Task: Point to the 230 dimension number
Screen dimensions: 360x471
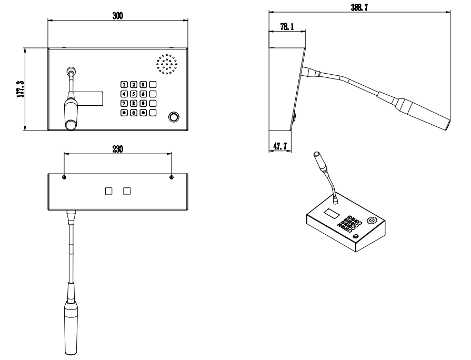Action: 117,149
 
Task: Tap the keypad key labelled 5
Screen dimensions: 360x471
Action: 134,94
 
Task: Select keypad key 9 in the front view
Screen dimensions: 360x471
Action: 143,103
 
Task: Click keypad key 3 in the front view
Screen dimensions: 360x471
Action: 143,84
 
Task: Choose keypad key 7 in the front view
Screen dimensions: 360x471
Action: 124,103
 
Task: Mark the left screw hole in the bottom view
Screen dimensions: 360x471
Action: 64,177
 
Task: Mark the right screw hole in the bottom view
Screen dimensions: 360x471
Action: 172,177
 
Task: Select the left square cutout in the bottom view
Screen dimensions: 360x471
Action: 109,191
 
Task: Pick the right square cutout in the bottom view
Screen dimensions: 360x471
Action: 126,191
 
